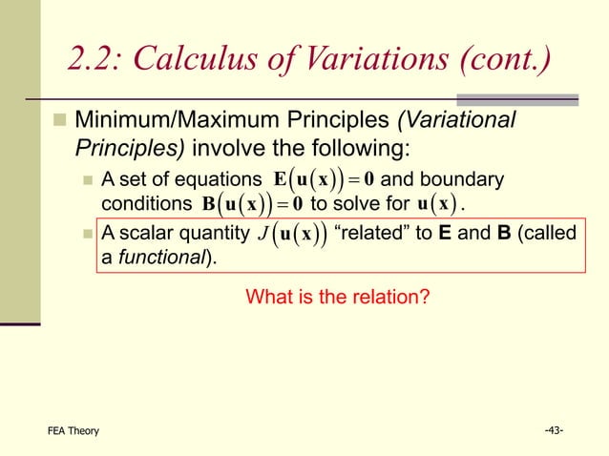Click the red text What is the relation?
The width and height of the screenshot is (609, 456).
pyautogui.click(x=338, y=298)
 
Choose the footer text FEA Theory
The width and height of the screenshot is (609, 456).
pyautogui.click(x=73, y=431)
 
